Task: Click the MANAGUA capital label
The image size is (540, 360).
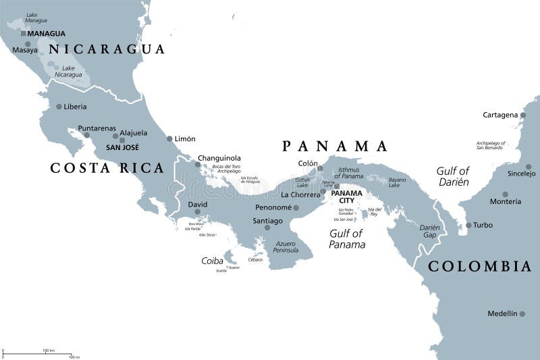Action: click(47, 33)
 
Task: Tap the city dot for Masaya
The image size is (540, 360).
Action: click(28, 44)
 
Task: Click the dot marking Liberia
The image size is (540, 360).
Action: click(59, 107)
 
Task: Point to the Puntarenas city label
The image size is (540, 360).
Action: click(97, 128)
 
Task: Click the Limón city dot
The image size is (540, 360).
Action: click(169, 138)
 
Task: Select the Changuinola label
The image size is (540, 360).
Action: click(219, 158)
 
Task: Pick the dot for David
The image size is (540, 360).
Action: click(197, 211)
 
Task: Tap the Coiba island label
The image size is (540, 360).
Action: click(212, 260)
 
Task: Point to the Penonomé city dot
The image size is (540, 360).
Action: click(296, 207)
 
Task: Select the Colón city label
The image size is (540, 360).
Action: click(307, 163)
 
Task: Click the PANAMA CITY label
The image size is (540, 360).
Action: click(346, 197)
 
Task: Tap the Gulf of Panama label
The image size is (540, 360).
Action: click(347, 238)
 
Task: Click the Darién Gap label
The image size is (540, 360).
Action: click(429, 232)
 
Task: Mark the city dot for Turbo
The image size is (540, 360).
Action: click(468, 226)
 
